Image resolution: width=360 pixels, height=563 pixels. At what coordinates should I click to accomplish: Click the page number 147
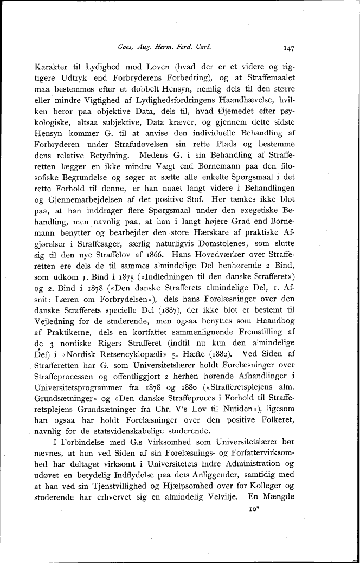click(288, 48)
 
